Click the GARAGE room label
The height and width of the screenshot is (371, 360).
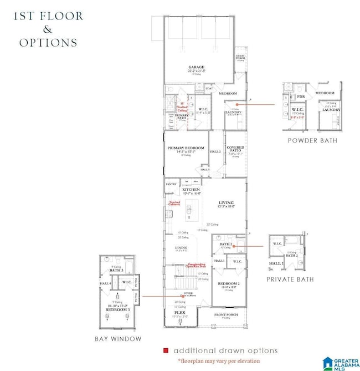197,67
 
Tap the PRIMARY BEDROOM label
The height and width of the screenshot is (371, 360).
186,148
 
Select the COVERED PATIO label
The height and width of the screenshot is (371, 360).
236,148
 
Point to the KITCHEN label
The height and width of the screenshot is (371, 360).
191,189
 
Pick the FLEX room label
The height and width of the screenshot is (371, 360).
179,312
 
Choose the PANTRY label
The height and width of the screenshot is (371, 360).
171,184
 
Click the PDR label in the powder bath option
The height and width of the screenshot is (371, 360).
301,96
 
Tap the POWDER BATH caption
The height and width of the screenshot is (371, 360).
312,141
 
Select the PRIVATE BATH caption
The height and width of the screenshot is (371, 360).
290,279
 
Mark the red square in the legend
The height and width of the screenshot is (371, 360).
166,350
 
